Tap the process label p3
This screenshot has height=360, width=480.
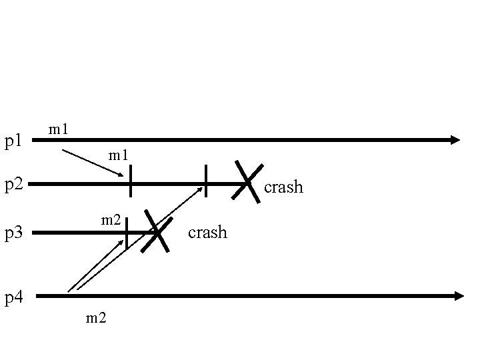pos(14,233)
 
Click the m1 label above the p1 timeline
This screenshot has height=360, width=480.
pos(59,127)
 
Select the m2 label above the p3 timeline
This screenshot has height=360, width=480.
pos(110,219)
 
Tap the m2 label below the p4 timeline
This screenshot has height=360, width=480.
pos(96,318)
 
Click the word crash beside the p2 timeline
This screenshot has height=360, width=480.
pos(283,187)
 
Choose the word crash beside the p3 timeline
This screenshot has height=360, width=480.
pos(207,233)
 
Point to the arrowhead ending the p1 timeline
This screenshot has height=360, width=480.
pos(455,140)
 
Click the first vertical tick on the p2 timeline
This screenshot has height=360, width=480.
pos(130,181)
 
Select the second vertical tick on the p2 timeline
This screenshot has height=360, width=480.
pos(206,181)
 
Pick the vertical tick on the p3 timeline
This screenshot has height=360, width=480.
pos(126,233)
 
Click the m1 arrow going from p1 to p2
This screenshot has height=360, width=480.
pos(93,163)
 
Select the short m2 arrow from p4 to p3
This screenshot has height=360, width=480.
pos(97,261)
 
